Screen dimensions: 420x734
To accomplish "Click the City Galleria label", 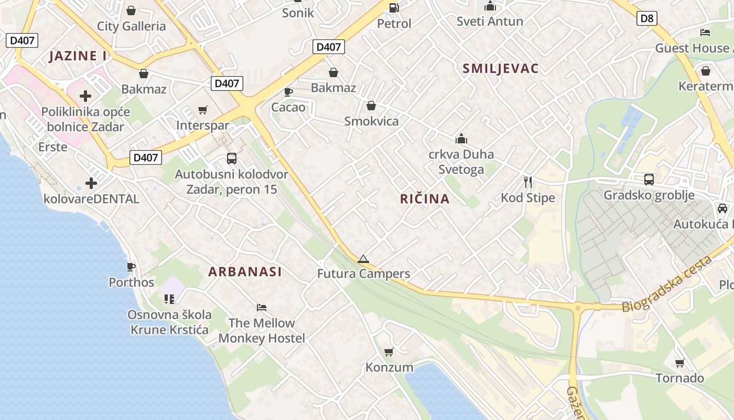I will click(x=131, y=26).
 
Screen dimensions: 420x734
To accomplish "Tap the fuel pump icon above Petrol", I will click(x=394, y=7).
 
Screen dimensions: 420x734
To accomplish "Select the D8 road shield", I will click(x=647, y=19).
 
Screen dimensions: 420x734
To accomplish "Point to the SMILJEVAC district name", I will click(x=501, y=68).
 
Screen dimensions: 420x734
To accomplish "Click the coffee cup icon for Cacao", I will click(x=288, y=92).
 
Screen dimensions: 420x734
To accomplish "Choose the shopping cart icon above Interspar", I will click(x=203, y=110).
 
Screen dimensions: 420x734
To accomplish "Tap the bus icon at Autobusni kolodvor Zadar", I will click(x=231, y=158).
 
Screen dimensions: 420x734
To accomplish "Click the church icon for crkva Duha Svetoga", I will click(x=461, y=139).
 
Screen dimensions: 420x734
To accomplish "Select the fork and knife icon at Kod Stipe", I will click(x=528, y=182).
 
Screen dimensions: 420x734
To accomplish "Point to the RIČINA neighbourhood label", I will click(x=425, y=199).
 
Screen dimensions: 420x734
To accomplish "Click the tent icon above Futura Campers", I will click(x=363, y=258).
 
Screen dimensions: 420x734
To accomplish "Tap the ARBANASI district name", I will click(x=245, y=271).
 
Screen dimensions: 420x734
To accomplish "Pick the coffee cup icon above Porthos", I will click(x=131, y=267).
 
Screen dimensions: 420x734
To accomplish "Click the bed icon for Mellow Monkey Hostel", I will click(x=262, y=307).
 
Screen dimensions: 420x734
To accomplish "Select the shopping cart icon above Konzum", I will click(x=388, y=352).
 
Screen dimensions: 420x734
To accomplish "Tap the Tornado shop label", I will click(x=680, y=378).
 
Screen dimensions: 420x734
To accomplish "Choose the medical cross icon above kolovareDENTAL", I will click(x=91, y=183).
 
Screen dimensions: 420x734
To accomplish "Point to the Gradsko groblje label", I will click(x=649, y=195).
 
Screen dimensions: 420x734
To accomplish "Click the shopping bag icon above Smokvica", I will click(x=371, y=106).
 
